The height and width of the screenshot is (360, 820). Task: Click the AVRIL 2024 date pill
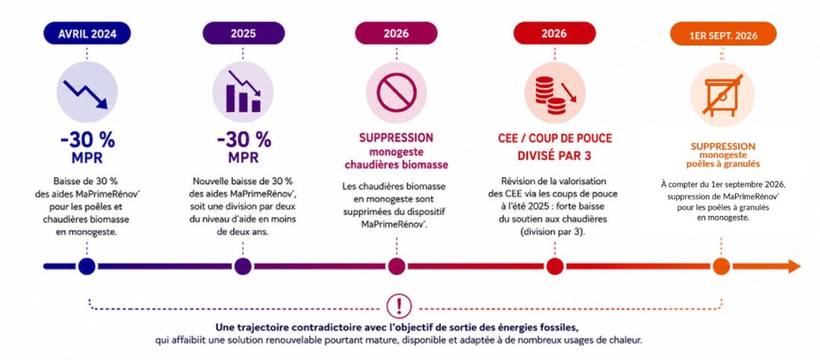pos(86,34)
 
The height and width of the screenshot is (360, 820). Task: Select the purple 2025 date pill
pos(243,34)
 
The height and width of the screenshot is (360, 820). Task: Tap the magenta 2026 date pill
pos(396,34)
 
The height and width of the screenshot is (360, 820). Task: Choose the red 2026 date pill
pos(554,34)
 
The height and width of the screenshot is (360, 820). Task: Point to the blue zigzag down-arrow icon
pos(85,94)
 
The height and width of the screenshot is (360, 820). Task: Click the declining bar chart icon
pos(243,92)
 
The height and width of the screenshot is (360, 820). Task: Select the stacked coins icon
pos(554,94)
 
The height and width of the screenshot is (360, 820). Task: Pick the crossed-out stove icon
pos(722,96)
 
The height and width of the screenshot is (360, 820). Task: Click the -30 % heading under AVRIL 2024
pos(86,140)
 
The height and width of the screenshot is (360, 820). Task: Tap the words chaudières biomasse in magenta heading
pos(396,165)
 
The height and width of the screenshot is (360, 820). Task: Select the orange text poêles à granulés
pos(723,164)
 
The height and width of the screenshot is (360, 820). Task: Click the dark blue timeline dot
pos(86,266)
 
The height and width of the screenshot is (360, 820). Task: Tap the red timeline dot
pos(554,266)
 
